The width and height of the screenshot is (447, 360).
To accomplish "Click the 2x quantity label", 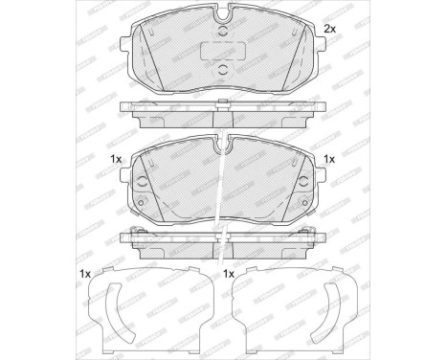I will point(328,30).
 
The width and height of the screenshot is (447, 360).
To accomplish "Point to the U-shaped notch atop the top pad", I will point(223,16).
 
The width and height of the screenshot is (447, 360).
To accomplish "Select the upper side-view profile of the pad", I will point(223,113).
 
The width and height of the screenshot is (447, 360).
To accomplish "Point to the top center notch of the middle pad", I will point(223,145).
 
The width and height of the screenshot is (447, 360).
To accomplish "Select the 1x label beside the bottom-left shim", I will point(85,275).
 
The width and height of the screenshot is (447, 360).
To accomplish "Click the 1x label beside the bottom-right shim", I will point(229,275).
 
